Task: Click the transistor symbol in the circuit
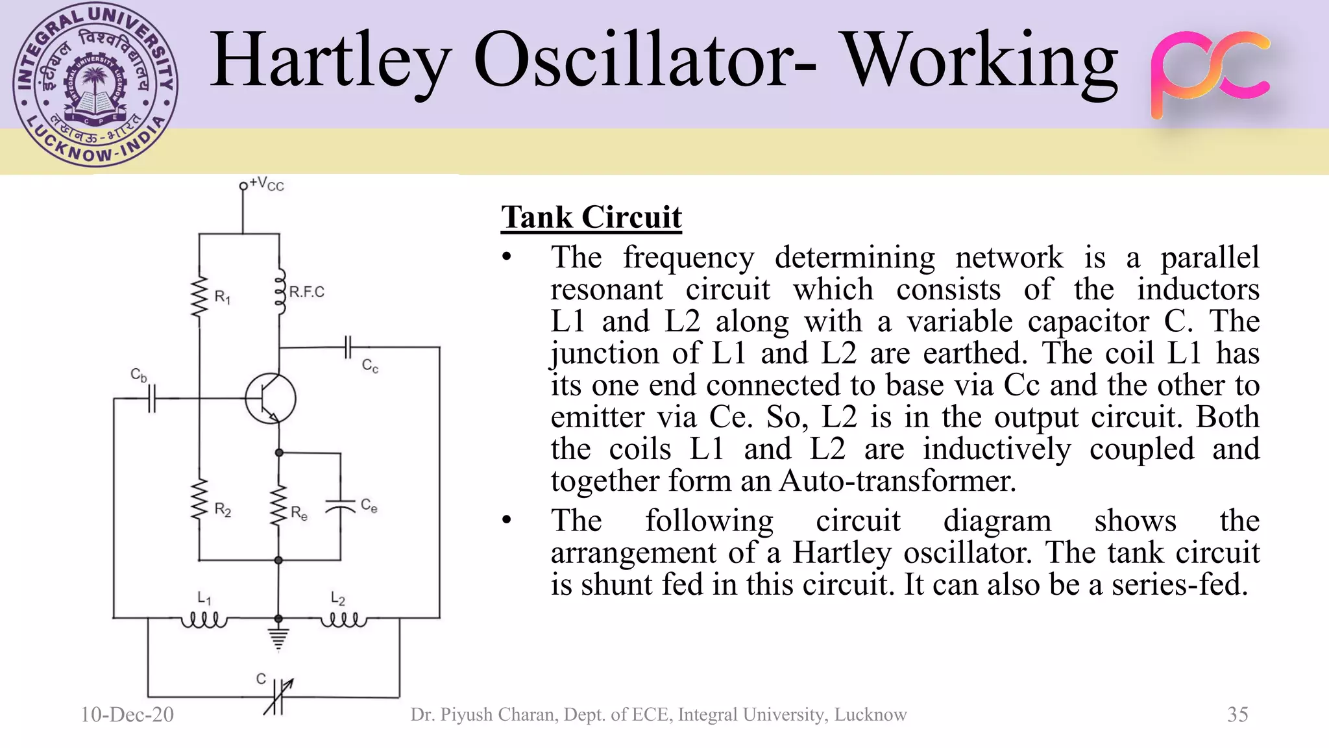271,399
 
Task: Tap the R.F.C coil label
306,292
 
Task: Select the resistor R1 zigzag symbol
199,297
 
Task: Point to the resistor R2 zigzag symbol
199,500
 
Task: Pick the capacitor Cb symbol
152,398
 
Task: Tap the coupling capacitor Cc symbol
348,347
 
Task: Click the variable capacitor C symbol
278,696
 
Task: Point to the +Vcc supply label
266,184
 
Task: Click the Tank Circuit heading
591,217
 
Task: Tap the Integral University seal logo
95,86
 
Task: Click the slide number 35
1238,714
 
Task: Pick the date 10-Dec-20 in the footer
127,714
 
